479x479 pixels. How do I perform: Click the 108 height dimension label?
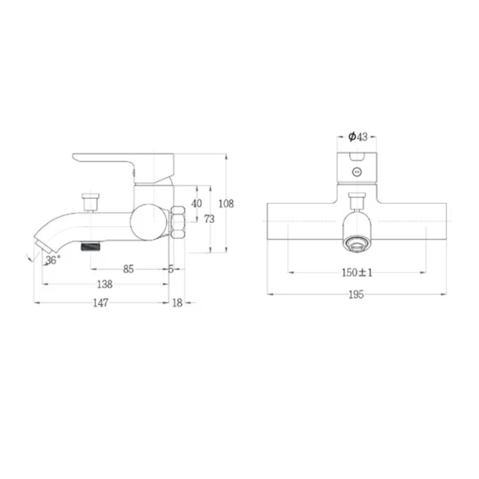(226, 204)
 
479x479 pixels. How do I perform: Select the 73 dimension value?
(210, 219)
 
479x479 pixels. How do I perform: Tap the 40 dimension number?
(196, 204)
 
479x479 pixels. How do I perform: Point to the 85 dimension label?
(129, 269)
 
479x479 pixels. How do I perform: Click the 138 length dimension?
(104, 284)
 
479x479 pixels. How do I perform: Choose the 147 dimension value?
(101, 303)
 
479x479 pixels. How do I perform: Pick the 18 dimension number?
(177, 303)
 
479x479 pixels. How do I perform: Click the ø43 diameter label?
(357, 137)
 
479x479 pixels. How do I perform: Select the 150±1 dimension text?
(357, 272)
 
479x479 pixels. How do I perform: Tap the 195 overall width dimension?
(356, 294)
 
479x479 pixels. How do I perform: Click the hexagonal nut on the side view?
(177, 223)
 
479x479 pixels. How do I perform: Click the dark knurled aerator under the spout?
(91, 247)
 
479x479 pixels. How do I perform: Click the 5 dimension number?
(171, 269)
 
